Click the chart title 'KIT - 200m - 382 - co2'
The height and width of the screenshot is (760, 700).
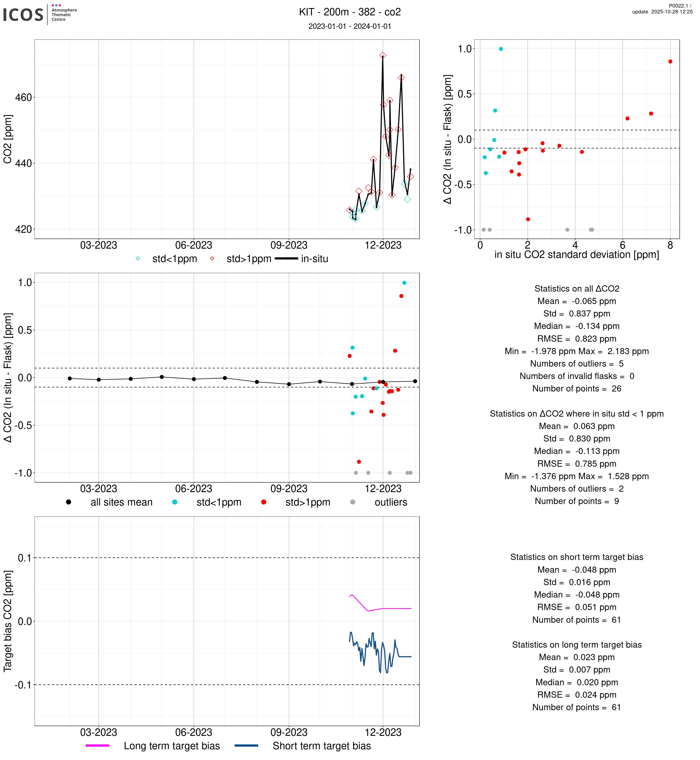tap(350, 12)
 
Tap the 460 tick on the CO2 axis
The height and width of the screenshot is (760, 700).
tap(23, 98)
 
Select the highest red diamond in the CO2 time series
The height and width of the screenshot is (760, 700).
tap(383, 56)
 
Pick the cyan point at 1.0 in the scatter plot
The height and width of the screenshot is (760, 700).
tap(501, 49)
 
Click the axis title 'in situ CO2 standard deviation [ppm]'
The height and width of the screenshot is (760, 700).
tap(577, 255)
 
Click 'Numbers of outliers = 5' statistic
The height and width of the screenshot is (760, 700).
tap(577, 364)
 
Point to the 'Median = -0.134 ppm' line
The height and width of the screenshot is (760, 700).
tap(577, 326)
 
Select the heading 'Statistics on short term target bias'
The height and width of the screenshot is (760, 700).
tap(577, 557)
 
